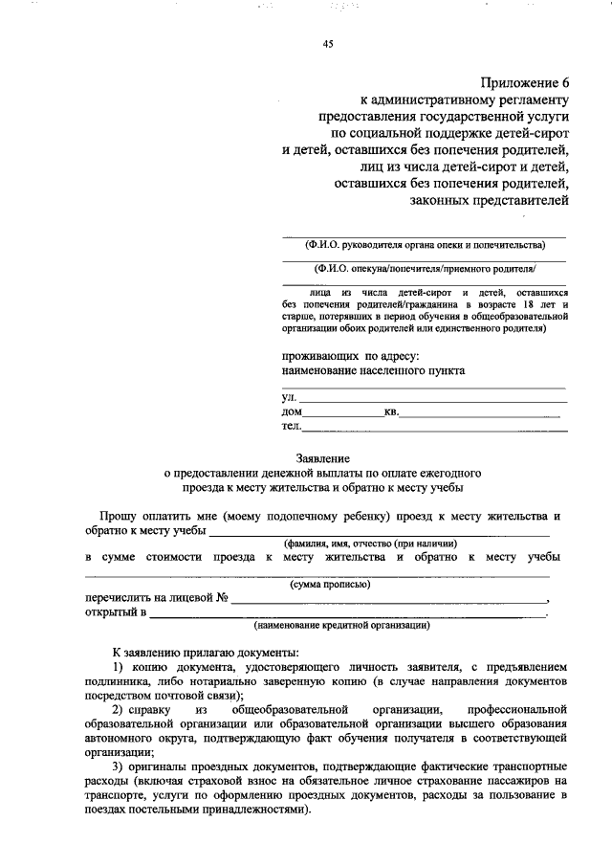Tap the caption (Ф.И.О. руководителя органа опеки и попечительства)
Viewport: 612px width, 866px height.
(x=425, y=245)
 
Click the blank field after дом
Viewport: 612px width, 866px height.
(x=343, y=412)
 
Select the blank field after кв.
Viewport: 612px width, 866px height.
(x=479, y=412)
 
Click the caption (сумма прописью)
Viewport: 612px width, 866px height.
(x=330, y=584)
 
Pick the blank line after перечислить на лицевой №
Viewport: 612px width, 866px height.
(x=390, y=599)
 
